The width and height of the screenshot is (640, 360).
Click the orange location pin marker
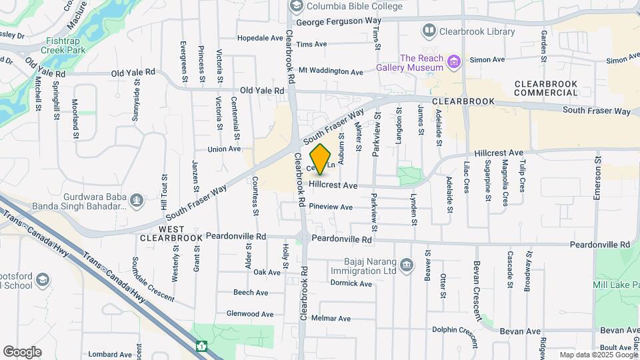pos(321,159)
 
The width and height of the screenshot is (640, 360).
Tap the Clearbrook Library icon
pos(429,31)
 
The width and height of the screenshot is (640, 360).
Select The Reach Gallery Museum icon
pos(455,63)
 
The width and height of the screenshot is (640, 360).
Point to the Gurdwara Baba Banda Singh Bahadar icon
pos(136,199)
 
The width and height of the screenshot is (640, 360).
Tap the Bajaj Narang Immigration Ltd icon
pos(406,266)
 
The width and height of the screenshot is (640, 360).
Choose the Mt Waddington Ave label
pos(331,71)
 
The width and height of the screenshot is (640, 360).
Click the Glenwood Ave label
pos(250,314)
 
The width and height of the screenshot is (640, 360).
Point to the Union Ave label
pos(223,149)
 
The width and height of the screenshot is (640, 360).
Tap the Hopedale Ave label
pos(260,38)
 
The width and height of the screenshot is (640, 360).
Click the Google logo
pos(22,352)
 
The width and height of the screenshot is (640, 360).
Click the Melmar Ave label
pos(331,319)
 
